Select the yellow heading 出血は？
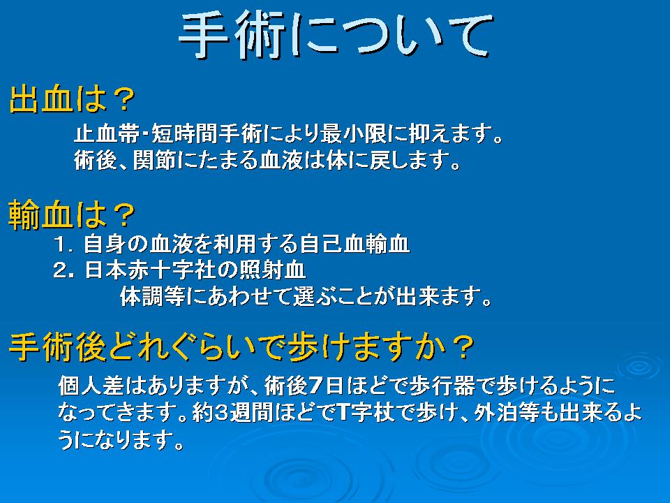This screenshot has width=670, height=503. [72, 99]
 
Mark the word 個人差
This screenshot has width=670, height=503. [91, 386]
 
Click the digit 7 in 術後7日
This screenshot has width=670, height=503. [315, 386]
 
